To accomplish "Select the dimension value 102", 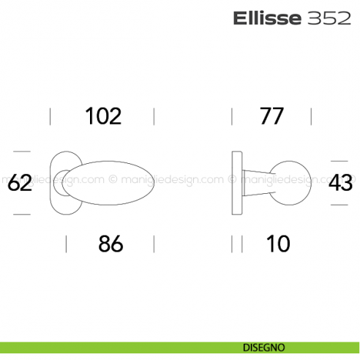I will pos(102,116).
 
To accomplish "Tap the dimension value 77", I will pos(271,116).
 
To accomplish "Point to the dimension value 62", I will pos(20,183).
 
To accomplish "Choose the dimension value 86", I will pos(110,244).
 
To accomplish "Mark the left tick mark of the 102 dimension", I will pos(50,116).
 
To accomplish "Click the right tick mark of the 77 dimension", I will pos(312,116).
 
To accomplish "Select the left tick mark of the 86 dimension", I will pos(66,244).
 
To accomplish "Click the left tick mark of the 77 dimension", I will pos(232,116).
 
